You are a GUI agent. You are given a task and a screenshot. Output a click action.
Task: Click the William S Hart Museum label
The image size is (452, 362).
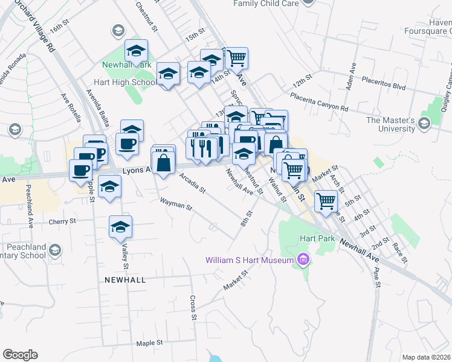(x=249, y=261)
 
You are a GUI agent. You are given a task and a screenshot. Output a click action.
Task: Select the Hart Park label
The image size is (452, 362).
(x=317, y=238)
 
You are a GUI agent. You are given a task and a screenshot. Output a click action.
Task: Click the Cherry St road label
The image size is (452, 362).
(x=63, y=221)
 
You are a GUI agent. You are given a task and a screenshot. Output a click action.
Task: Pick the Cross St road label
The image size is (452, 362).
(x=193, y=308)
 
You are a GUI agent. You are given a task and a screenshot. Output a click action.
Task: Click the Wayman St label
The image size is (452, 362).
(x=176, y=206)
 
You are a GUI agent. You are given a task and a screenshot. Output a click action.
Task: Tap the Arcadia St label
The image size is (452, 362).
(x=192, y=183)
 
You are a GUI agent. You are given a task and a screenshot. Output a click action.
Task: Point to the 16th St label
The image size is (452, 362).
(x=57, y=28)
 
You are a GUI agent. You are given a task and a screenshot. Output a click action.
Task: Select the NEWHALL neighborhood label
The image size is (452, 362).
(x=124, y=281)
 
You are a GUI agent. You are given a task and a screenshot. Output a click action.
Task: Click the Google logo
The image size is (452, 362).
(x=20, y=355)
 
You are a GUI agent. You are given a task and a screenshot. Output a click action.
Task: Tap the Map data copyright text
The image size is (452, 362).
(x=427, y=358)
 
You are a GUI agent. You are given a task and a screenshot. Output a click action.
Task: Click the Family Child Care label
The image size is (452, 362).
(x=266, y=3)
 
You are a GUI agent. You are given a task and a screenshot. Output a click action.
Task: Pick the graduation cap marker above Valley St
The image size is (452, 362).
(x=121, y=227)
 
